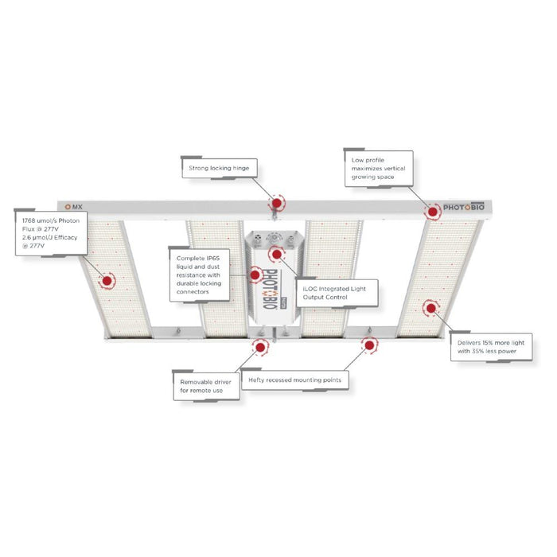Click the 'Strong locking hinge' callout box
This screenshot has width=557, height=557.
click(220, 168)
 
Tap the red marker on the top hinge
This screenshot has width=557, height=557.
click(277, 204)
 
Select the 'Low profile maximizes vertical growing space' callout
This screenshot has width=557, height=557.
click(379, 169)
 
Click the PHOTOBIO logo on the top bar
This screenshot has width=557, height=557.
click(464, 207)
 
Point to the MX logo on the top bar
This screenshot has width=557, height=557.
click(73, 207)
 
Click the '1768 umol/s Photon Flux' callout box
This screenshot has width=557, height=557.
click(51, 233)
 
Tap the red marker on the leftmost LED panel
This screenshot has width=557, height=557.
click(107, 281)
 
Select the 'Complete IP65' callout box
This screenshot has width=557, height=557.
click(199, 275)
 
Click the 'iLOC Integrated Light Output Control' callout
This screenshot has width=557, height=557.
click(337, 293)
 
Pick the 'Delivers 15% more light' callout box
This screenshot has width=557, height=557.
click(491, 347)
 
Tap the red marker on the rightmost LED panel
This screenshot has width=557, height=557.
click(431, 308)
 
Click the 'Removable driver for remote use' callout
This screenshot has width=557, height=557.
click(206, 386)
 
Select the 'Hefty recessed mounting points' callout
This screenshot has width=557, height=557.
click(295, 380)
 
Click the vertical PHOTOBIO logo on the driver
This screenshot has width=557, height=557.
click(271, 288)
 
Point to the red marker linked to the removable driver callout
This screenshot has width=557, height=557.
click(260, 348)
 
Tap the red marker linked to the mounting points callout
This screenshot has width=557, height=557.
click(369, 345)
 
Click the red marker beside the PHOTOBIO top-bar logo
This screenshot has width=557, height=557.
click(432, 212)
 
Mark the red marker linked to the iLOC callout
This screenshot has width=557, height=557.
click(277, 254)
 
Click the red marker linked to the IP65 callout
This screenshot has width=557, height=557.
click(255, 275)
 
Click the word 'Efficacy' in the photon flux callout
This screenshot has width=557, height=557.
click(65, 237)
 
